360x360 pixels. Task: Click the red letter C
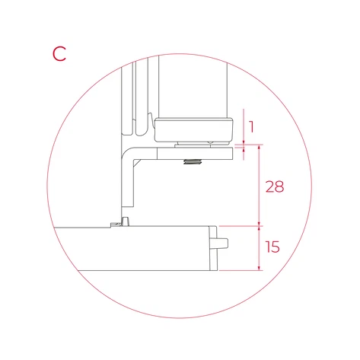pyautogui.click(x=59, y=54)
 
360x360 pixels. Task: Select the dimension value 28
pyautogui.click(x=275, y=186)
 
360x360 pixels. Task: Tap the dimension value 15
pyautogui.click(x=272, y=247)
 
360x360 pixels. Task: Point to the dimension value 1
pyautogui.click(x=251, y=127)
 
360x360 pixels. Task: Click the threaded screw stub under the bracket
pyautogui.click(x=193, y=161)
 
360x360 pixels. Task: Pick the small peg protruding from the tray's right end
pyautogui.click(x=223, y=244)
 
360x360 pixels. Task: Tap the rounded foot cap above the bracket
pyautogui.click(x=194, y=129)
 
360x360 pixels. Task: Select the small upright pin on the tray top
pyautogui.click(x=125, y=221)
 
